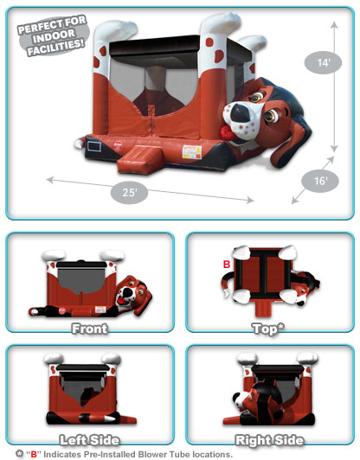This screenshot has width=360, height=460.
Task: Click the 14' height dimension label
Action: [x=323, y=62]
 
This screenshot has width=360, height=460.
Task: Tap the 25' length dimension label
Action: [x=129, y=193]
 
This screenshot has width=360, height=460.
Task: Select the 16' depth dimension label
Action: [x=320, y=181]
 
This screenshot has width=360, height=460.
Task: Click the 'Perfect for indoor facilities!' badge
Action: [x=54, y=35]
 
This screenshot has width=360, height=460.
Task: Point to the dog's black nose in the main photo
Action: [x=240, y=112]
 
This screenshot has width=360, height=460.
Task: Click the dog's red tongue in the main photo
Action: [x=227, y=131]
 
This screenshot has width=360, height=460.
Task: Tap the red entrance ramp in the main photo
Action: [x=138, y=159]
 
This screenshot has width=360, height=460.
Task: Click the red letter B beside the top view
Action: [x=227, y=265]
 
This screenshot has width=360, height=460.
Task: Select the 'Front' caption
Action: [x=90, y=329]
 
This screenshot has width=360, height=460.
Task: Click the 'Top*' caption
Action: [x=268, y=329]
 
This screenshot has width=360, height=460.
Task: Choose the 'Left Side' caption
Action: [x=89, y=440]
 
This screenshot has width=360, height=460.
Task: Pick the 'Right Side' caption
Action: [x=269, y=440]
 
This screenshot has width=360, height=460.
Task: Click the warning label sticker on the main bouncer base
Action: [x=192, y=152]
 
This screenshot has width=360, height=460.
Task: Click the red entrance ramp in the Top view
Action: [x=263, y=309]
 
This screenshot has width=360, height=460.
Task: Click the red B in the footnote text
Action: [x=34, y=455]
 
